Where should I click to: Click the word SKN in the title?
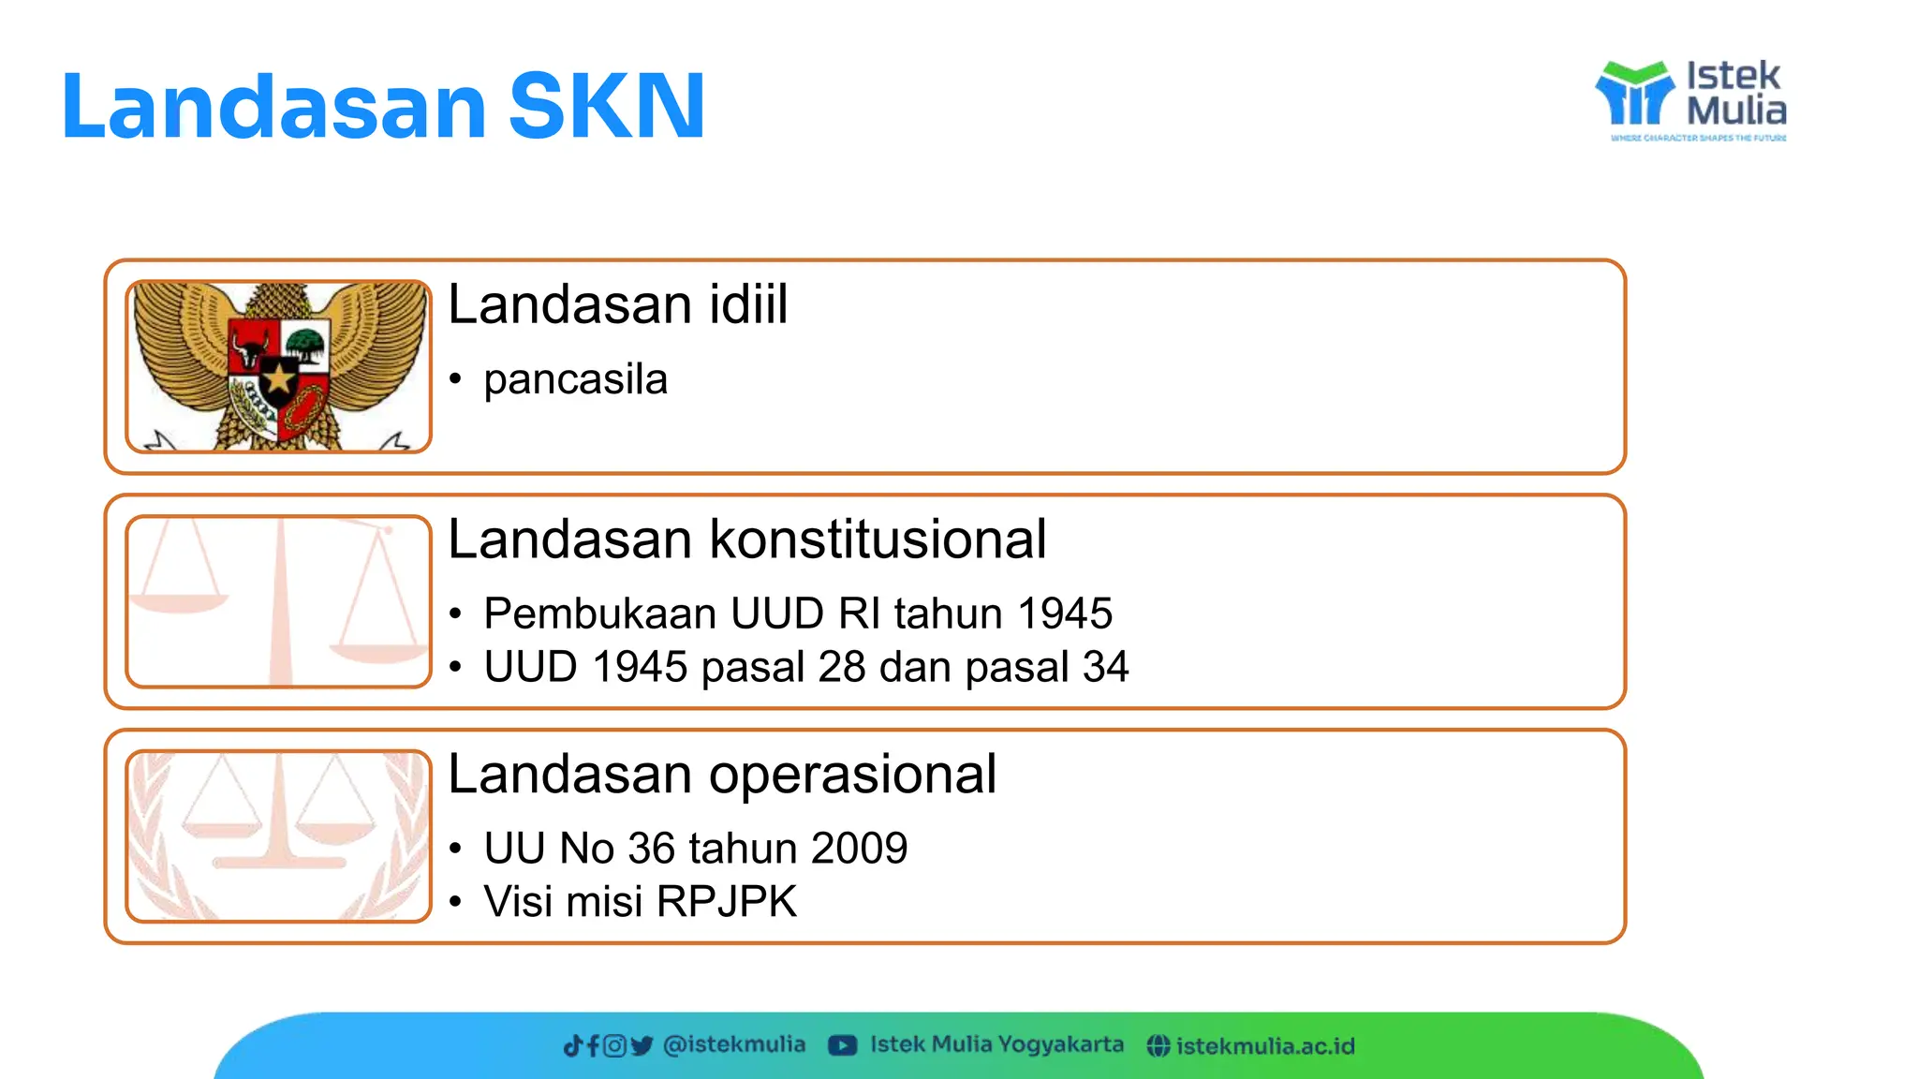click(x=606, y=106)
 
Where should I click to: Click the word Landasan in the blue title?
click(x=273, y=106)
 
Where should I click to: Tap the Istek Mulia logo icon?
click(x=1633, y=94)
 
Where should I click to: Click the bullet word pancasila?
click(x=575, y=379)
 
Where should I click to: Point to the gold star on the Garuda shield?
click(x=278, y=379)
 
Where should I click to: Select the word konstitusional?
click(x=878, y=539)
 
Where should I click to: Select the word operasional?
click(x=852, y=775)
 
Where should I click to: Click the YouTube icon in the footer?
click(x=842, y=1045)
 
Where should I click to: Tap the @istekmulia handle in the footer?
click(x=733, y=1044)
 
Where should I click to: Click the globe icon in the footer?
click(x=1158, y=1046)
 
